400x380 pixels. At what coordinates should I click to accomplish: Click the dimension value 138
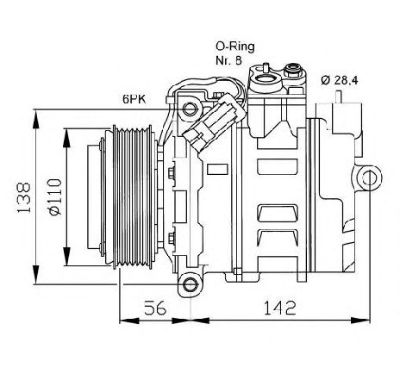point(24,197)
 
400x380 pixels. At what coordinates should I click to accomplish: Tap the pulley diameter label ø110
point(55,196)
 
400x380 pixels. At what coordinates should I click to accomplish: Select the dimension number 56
point(155,308)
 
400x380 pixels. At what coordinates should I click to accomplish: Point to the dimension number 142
point(279,308)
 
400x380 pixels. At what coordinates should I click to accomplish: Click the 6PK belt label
point(134,99)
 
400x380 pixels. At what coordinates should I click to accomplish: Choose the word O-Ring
point(235,47)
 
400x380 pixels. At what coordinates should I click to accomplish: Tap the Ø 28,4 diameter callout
point(340,81)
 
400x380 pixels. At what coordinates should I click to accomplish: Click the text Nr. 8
point(228,60)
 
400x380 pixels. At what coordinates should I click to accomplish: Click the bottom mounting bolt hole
point(190,284)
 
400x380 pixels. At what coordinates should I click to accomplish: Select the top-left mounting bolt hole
point(190,109)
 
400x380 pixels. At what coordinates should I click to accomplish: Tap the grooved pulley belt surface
point(133,197)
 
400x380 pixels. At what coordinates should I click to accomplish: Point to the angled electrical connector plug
point(214,121)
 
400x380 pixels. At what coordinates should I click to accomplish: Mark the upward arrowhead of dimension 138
point(35,119)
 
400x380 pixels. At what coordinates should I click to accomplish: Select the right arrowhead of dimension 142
point(360,321)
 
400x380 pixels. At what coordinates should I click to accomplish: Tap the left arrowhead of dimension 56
point(129,321)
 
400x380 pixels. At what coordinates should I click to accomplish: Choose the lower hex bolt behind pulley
point(172,238)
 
